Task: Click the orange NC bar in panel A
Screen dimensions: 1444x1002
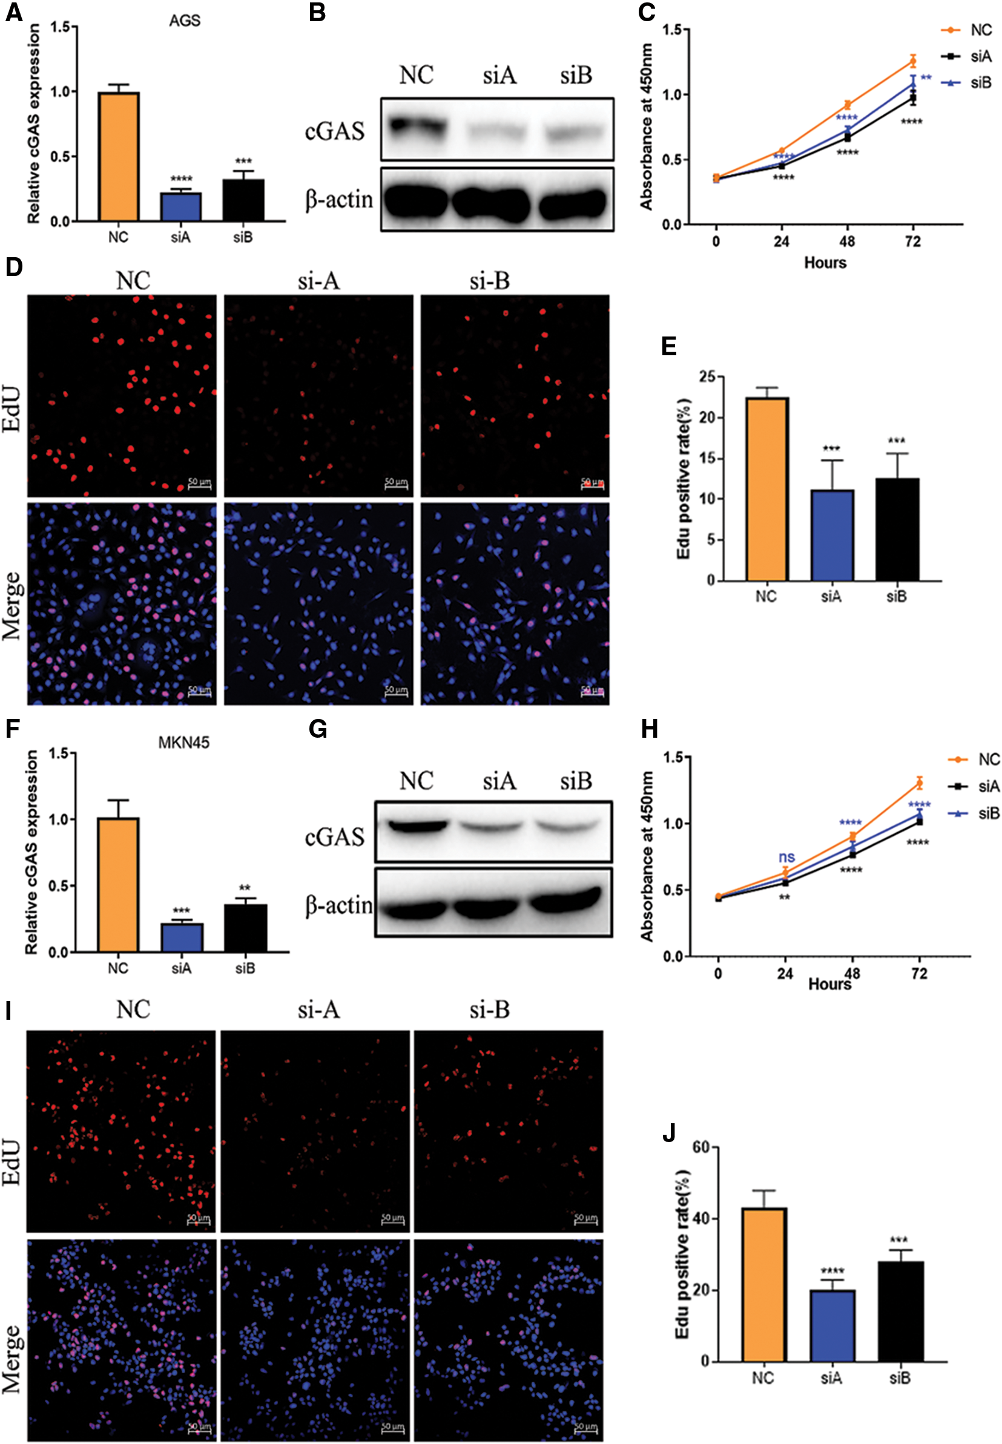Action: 119,156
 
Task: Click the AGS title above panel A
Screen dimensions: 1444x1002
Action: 185,21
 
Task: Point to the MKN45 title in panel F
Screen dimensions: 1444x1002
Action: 183,743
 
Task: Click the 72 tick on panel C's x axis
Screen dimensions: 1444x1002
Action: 912,241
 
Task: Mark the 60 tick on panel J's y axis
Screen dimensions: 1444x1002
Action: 700,1147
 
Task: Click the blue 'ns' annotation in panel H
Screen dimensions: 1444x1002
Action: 786,856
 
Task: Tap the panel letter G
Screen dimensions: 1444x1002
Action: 318,729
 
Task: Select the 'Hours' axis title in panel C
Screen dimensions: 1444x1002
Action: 825,262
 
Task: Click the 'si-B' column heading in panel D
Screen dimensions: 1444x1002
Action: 490,281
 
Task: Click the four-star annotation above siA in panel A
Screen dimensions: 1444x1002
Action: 181,180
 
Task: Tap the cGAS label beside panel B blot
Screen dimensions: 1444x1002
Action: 335,131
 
